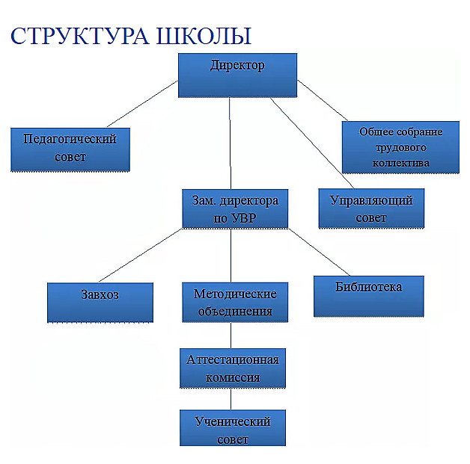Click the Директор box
pyautogui.click(x=237, y=75)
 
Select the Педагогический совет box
pyautogui.click(x=70, y=149)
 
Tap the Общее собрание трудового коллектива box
pyautogui.click(x=400, y=146)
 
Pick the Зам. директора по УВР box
pyautogui.click(x=235, y=209)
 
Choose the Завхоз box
pyautogui.click(x=100, y=302)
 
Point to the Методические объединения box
pyautogui.click(x=235, y=302)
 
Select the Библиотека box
pyautogui.click(x=368, y=296)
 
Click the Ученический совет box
pyautogui.click(x=233, y=429)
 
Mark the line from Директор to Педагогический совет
pyautogui.click(x=142, y=105)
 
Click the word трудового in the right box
pyautogui.click(x=400, y=147)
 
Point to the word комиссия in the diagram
pyautogui.click(x=234, y=377)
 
